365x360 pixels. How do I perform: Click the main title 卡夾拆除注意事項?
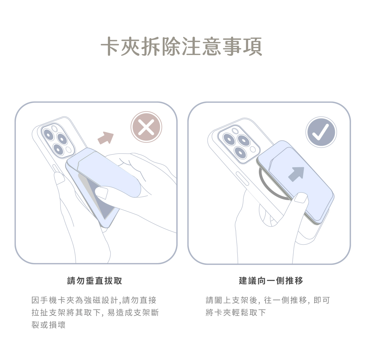coord(181,47)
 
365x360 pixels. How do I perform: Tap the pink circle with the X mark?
coord(146,127)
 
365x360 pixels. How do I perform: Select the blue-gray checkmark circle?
coord(321,132)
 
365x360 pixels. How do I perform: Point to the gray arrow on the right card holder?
coord(297,174)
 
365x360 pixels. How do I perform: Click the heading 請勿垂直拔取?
coord(95,281)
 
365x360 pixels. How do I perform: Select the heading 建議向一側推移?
coord(271,281)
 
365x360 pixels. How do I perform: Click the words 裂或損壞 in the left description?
coord(49,325)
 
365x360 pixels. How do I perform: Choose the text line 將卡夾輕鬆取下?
coord(236,313)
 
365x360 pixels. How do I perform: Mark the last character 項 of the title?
coord(252,47)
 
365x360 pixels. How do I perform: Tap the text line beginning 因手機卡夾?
coord(94,300)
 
